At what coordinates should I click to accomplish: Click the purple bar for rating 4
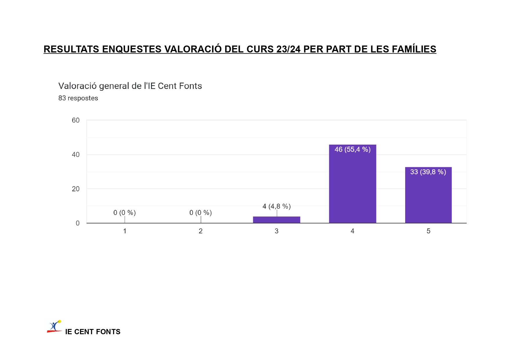(352, 186)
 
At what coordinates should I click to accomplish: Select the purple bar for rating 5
(428, 197)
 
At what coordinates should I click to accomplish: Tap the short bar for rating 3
(276, 220)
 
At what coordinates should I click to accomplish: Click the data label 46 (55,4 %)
(352, 150)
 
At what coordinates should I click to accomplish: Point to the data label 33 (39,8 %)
(428, 172)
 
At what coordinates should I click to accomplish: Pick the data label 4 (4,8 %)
(276, 206)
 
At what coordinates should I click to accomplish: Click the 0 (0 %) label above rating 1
(124, 213)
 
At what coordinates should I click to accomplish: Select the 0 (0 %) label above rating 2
(200, 213)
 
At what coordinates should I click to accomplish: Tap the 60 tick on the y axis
(76, 120)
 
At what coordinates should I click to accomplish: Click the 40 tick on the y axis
(76, 155)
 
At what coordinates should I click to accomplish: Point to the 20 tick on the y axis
(76, 189)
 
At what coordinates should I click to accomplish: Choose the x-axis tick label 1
(125, 231)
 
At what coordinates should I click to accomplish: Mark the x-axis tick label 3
(277, 231)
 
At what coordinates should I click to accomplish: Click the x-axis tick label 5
(428, 231)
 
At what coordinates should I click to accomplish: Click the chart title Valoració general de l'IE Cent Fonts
(130, 86)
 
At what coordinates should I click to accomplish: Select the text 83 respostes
(78, 98)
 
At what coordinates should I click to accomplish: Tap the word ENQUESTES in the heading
(132, 49)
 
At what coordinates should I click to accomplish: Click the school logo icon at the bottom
(54, 326)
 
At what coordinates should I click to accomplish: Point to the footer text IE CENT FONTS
(93, 332)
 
